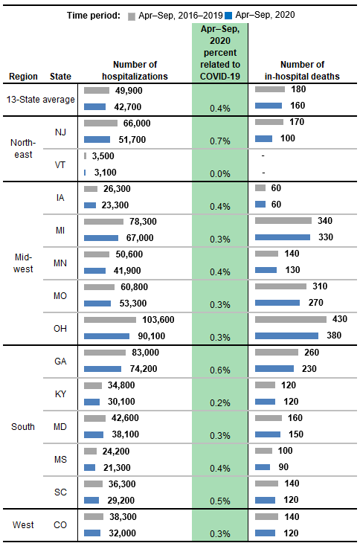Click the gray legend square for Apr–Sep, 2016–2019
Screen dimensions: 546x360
pyautogui.click(x=132, y=14)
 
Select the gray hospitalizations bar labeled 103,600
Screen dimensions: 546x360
pyautogui.click(x=115, y=319)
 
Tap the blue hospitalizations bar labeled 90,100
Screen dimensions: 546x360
pyautogui.click(x=112, y=335)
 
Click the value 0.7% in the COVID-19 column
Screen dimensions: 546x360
pyautogui.click(x=219, y=140)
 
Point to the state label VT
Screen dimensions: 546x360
pyautogui.click(x=60, y=164)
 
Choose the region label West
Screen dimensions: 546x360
pyautogui.click(x=23, y=525)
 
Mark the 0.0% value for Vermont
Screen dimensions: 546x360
pyautogui.click(x=219, y=173)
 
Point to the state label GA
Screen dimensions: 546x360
pyautogui.click(x=60, y=361)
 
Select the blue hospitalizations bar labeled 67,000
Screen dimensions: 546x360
pyautogui.click(x=102, y=237)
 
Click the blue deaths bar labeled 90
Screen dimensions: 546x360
pyautogui.click(x=263, y=466)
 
